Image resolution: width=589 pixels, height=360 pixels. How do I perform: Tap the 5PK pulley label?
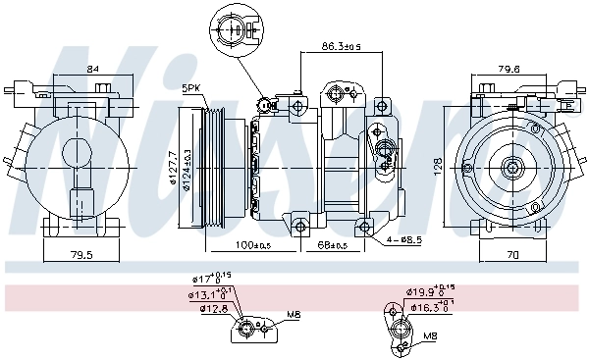tap(192, 89)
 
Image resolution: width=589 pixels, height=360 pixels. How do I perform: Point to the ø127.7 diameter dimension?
tap(173, 168)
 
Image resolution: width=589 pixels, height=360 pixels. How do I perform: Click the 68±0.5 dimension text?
tap(334, 244)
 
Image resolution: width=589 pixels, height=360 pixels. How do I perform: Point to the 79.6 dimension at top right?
tap(509, 68)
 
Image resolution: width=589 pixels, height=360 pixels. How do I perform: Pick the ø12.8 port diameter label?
tap(204, 309)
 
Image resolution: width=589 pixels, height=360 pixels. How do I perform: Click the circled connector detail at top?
tap(233, 26)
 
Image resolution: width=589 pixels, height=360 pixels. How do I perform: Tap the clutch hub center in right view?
tap(512, 168)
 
